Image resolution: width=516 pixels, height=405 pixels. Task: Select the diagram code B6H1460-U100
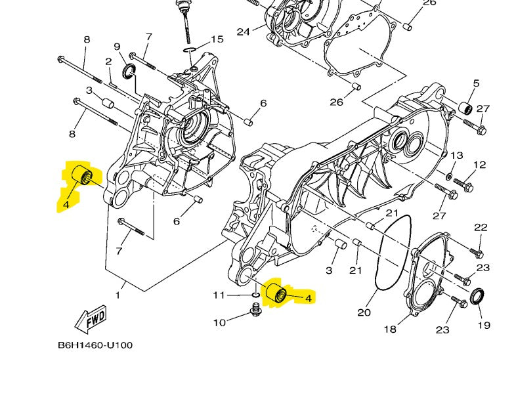95,345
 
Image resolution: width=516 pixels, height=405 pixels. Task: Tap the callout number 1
118,295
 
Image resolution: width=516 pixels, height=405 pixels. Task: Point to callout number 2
108,62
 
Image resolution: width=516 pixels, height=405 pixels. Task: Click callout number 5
476,83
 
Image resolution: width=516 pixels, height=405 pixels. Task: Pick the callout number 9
117,47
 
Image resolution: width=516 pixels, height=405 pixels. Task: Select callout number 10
219,322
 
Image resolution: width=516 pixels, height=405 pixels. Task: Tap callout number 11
219,295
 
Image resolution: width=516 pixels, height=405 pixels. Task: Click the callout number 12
480,165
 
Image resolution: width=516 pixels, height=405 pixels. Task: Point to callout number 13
456,156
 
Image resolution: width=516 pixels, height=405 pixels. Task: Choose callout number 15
217,39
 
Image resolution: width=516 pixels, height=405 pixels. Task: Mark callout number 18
390,329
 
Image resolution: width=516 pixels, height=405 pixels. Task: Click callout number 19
484,325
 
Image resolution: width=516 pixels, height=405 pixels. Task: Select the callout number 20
364,312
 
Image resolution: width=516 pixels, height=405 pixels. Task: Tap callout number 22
481,227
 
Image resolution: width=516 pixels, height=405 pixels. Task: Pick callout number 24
244,32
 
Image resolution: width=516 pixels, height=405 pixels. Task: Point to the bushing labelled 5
467,107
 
